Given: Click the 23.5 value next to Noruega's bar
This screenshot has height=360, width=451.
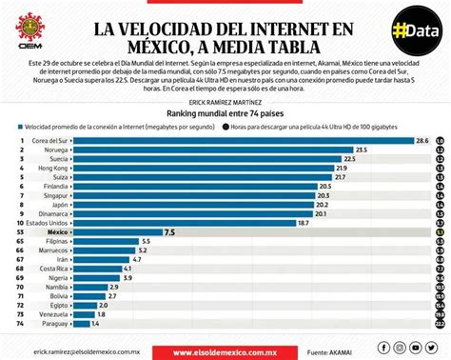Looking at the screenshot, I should click(x=361, y=151).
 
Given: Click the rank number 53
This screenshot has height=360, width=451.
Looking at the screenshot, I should click(x=20, y=231).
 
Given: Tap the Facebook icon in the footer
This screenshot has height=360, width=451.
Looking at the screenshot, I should click(x=383, y=348).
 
